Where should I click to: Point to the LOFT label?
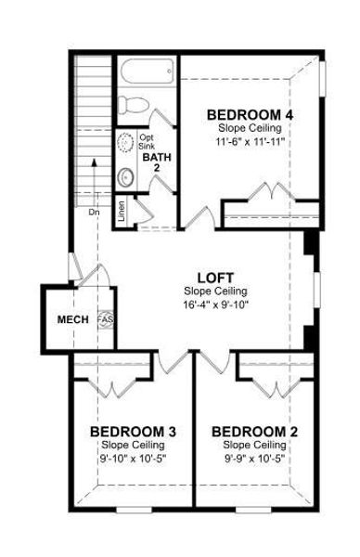[215, 277]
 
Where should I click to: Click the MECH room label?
[73, 319]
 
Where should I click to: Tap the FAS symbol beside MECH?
[104, 319]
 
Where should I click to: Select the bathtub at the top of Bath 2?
[147, 71]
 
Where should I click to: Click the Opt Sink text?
[148, 141]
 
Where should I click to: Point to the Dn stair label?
[95, 212]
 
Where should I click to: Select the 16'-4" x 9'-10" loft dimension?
[215, 304]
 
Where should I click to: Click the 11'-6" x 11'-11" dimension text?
[250, 142]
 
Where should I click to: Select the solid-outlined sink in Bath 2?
[126, 175]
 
